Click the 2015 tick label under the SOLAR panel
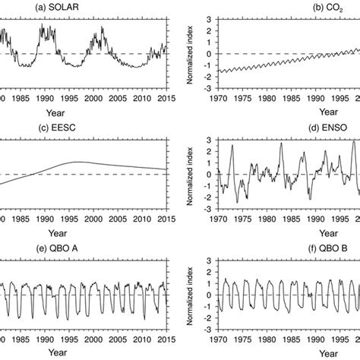163,99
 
